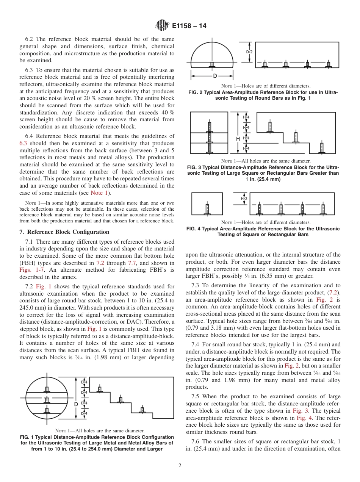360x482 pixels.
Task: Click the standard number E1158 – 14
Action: click(x=189, y=26)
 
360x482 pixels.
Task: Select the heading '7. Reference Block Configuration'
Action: click(x=64, y=232)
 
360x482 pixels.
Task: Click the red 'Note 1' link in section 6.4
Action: click(x=99, y=193)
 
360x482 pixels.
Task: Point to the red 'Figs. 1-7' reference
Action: click(x=31, y=270)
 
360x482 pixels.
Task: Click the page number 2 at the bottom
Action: click(x=180, y=466)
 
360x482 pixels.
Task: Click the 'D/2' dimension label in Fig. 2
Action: click(x=249, y=52)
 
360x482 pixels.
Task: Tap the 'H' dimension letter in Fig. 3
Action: click(x=238, y=139)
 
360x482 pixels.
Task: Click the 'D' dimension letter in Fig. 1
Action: click(x=76, y=404)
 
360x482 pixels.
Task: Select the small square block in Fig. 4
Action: click(x=207, y=204)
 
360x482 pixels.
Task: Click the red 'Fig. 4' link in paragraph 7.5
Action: click(x=302, y=418)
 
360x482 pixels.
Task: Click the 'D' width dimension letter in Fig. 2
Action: click(x=215, y=76)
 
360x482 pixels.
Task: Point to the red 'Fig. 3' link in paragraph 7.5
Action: click(x=300, y=411)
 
